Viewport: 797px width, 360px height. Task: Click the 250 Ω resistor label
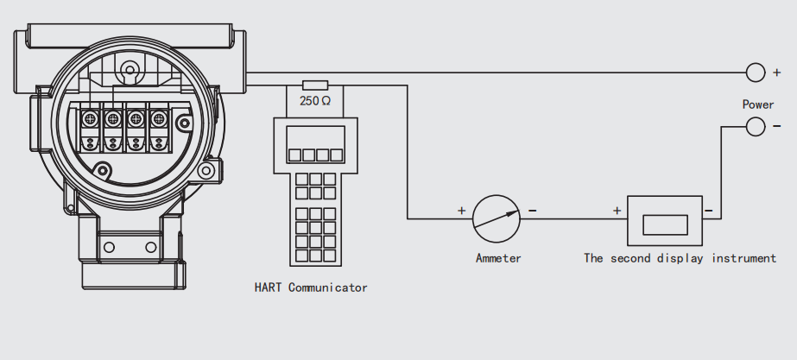point(315,101)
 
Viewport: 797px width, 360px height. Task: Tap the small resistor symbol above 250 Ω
point(315,85)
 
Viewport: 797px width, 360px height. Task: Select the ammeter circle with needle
point(497,218)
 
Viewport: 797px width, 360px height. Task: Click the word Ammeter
point(498,257)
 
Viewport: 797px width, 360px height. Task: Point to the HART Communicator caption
point(311,287)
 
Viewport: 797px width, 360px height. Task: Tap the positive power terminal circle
point(756,73)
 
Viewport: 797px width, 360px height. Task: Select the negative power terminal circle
point(756,127)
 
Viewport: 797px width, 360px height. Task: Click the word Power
point(758,104)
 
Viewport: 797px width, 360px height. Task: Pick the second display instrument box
point(664,219)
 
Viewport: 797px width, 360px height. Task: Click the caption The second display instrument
point(680,257)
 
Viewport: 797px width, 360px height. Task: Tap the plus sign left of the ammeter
point(461,210)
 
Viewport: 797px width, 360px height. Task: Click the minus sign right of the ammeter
point(532,210)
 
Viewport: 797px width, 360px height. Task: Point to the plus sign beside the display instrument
point(617,210)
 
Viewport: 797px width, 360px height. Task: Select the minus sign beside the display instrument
point(708,210)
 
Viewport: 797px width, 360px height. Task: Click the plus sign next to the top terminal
point(776,74)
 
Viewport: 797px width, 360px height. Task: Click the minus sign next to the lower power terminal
point(775,127)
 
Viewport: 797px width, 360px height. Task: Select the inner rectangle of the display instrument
point(664,224)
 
